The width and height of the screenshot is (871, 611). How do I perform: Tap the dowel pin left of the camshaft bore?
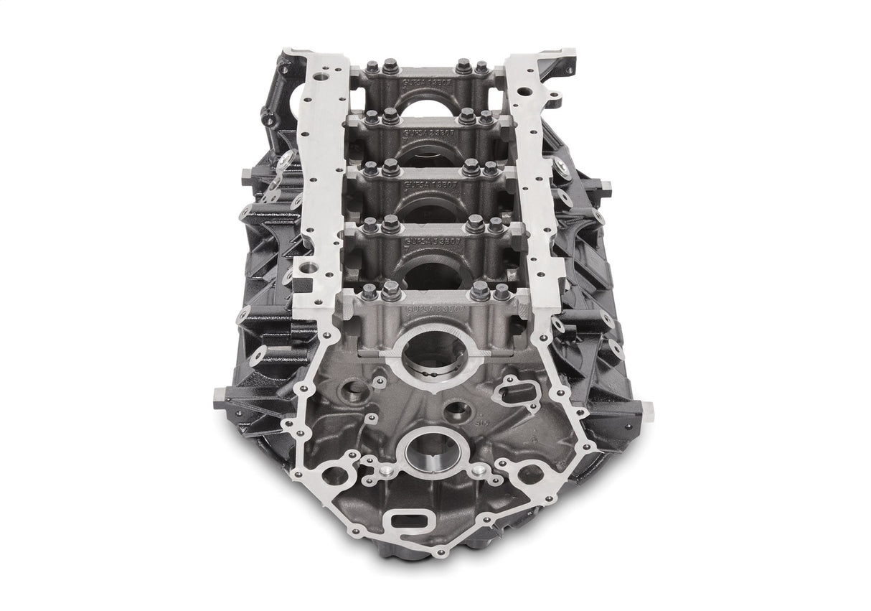point(386,470)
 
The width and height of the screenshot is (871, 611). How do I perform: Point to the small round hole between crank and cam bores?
point(457,411)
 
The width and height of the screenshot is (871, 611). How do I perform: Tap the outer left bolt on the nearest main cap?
point(369,292)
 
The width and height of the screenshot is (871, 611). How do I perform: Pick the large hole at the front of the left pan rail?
point(309,267)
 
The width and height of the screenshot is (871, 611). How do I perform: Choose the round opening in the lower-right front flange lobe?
point(529,474)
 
